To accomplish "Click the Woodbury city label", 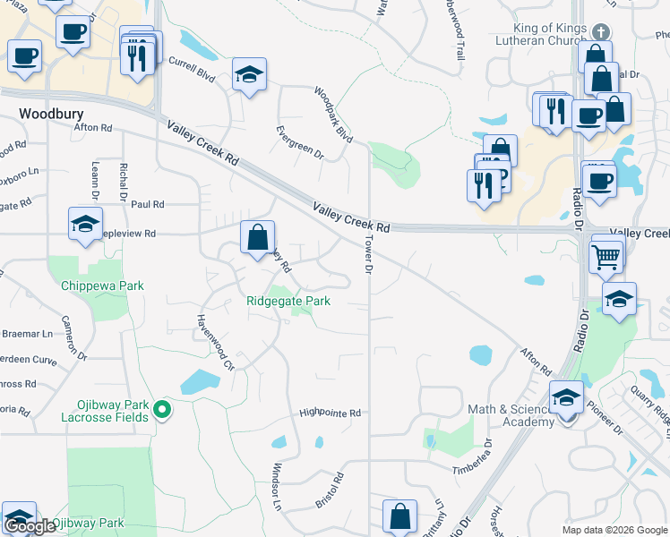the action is pos(51,114).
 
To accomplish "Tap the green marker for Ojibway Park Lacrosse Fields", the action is pos(161,410).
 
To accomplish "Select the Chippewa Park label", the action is pos(102,286).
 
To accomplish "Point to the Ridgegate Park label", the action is pos(288,302).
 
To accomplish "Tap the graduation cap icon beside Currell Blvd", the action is pos(250,75).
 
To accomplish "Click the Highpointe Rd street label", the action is pos(330,413).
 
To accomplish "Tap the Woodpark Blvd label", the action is pos(332,115).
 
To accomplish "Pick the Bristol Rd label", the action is pos(330,490).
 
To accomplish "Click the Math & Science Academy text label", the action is pos(511,416).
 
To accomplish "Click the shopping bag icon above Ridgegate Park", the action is pos(257,237).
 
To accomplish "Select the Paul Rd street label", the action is pos(148,204).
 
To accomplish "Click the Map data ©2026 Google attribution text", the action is pos(614,530).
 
